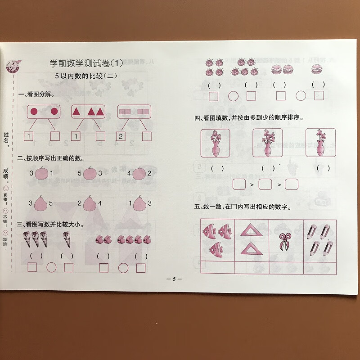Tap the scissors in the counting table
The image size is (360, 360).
click(285, 241)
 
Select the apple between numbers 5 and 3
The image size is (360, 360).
click(90, 173)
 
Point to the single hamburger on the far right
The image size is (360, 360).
click(318, 69)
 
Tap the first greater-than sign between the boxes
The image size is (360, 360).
click(252, 184)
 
